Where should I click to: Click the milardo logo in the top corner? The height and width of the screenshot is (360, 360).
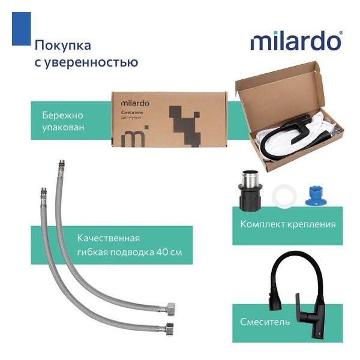point(296,41)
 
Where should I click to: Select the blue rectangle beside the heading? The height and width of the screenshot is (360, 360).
point(21,29)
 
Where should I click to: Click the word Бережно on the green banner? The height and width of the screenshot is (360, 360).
point(63,114)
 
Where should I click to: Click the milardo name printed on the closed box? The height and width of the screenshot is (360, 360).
point(135,102)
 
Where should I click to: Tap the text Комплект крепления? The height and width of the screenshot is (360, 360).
point(287,224)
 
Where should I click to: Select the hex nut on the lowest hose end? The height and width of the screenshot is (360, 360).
point(170,328)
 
